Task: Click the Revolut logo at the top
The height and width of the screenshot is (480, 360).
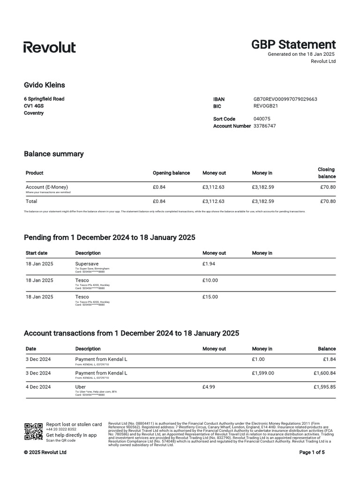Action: [x=49, y=47]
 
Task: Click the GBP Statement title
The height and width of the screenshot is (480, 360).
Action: [x=293, y=45]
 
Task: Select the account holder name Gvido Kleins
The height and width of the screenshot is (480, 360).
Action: [x=45, y=85]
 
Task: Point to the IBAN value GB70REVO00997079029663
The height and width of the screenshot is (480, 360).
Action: [x=285, y=99]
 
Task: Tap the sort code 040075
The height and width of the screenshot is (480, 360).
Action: [x=262, y=119]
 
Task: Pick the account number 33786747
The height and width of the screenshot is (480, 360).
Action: [x=264, y=126]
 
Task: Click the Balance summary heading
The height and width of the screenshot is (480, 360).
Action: [x=53, y=154]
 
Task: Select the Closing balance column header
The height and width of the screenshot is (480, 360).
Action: [x=326, y=173]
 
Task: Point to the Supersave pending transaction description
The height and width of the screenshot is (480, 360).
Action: [x=87, y=264]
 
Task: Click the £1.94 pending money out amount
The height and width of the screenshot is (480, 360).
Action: [x=209, y=264]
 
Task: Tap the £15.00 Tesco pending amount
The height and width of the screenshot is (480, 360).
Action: [x=210, y=297]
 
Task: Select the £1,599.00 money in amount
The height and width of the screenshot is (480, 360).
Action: [x=263, y=373]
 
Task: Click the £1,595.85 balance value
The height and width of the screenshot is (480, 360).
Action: [x=324, y=387]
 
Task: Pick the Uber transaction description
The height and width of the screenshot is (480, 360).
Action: [x=80, y=387]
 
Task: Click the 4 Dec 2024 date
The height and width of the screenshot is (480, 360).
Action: [x=38, y=387]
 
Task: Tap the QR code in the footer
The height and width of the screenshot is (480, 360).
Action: [x=33, y=432]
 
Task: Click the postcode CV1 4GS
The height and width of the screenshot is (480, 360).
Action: [x=34, y=106]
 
